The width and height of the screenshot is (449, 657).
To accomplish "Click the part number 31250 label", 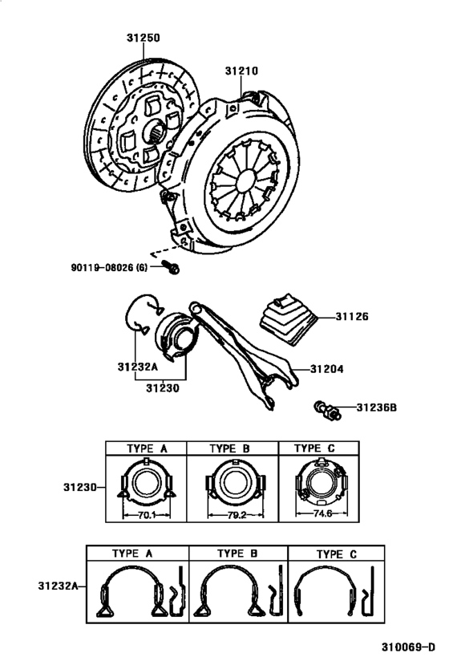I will point(143,38).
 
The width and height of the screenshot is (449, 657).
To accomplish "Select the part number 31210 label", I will point(241,71).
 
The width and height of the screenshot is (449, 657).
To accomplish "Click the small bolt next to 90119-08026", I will point(171,267).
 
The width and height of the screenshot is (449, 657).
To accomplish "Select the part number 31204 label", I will point(326,370).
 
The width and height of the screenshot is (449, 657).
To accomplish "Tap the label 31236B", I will point(376,408).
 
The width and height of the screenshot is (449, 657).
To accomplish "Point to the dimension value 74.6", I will point(323,515).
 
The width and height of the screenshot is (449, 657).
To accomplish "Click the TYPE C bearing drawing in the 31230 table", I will point(323,486).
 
